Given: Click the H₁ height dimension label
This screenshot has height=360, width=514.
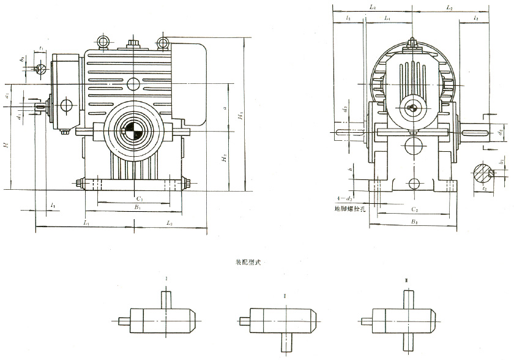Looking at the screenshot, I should [241, 116].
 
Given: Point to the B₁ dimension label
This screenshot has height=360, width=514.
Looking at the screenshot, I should [138, 208].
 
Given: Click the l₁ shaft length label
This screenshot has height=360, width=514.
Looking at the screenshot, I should [54, 204].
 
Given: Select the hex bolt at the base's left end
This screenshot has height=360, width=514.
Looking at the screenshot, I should [81, 182].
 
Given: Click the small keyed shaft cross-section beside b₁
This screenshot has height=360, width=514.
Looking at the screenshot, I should [41, 68].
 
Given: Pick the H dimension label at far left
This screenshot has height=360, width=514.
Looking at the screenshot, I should [6, 144].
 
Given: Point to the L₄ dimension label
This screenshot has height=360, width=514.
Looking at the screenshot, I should [387, 20].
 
